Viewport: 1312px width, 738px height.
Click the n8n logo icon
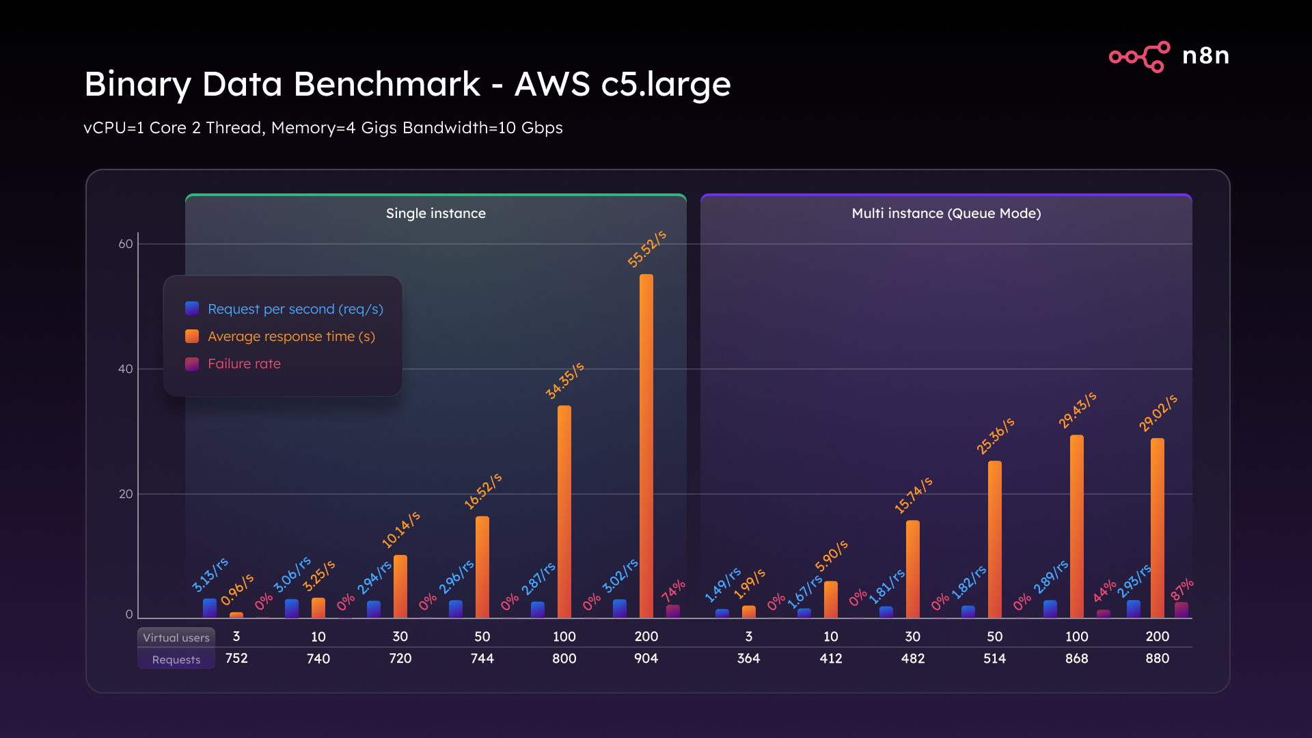1139,56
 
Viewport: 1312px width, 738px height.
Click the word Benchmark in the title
387,85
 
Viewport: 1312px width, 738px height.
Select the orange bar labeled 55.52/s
646,444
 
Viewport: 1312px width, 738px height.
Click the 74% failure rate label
673,590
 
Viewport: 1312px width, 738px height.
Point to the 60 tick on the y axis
126,244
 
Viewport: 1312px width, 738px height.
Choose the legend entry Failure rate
244,364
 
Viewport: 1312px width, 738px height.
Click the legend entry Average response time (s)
291,336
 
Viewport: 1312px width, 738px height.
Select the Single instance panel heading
435,213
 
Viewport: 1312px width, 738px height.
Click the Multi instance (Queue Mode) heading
946,213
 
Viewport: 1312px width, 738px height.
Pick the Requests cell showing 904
646,658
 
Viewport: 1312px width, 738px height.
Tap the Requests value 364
748,658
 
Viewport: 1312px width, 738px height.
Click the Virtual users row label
176,638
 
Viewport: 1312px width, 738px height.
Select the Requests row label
176,659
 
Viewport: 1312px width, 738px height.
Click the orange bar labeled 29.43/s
1076,526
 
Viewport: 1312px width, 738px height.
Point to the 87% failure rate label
1182,588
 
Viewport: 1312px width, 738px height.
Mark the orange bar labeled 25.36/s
994,540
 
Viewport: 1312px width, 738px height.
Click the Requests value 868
1076,658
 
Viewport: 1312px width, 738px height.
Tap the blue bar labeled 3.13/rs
210,608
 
